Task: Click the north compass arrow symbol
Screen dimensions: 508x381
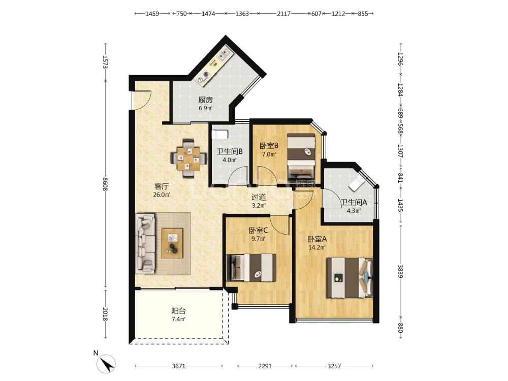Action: click(x=106, y=364)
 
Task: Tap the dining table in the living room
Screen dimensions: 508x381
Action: click(x=188, y=158)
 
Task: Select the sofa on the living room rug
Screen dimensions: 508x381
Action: click(x=145, y=243)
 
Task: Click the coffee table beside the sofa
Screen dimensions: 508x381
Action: click(x=172, y=243)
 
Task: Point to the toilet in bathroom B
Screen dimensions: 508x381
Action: click(x=220, y=134)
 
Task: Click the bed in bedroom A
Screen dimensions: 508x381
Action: click(x=350, y=277)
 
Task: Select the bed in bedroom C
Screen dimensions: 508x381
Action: click(x=252, y=268)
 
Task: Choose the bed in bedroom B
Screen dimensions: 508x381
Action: click(x=301, y=154)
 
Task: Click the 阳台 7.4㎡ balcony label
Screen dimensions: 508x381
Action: click(x=178, y=315)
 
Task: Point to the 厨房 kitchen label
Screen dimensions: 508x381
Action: click(x=206, y=100)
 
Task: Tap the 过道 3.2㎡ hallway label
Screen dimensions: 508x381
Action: click(x=259, y=201)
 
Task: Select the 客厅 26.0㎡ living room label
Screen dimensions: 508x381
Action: click(x=162, y=190)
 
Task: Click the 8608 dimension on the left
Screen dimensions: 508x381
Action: click(x=105, y=184)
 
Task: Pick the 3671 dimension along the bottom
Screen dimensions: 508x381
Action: click(x=178, y=366)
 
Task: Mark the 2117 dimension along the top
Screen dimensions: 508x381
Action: click(x=284, y=14)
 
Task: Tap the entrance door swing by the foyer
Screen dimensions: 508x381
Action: click(x=142, y=100)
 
